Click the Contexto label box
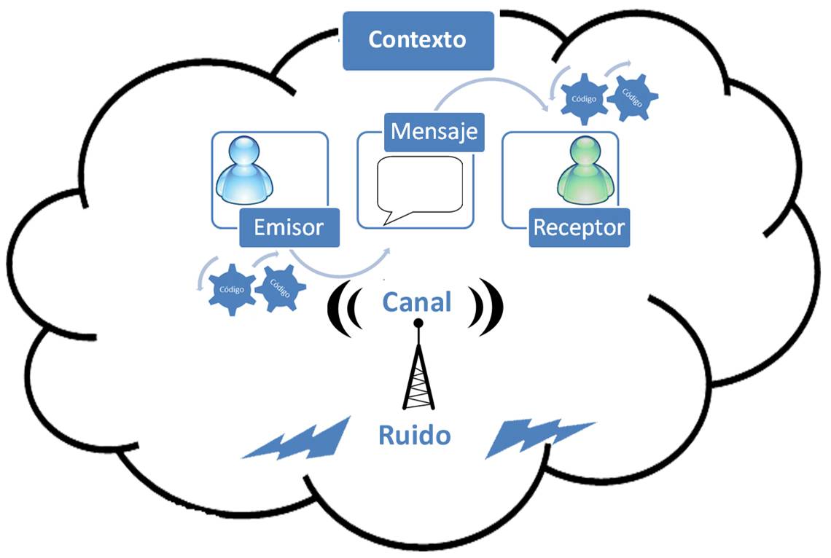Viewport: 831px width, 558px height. click(418, 40)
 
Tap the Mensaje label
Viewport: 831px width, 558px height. click(434, 132)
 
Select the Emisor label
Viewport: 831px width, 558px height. click(289, 227)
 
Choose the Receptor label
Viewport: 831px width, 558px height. click(579, 227)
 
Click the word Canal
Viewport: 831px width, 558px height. click(417, 302)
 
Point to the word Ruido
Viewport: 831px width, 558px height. click(414, 436)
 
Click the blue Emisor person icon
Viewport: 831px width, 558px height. click(245, 171)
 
